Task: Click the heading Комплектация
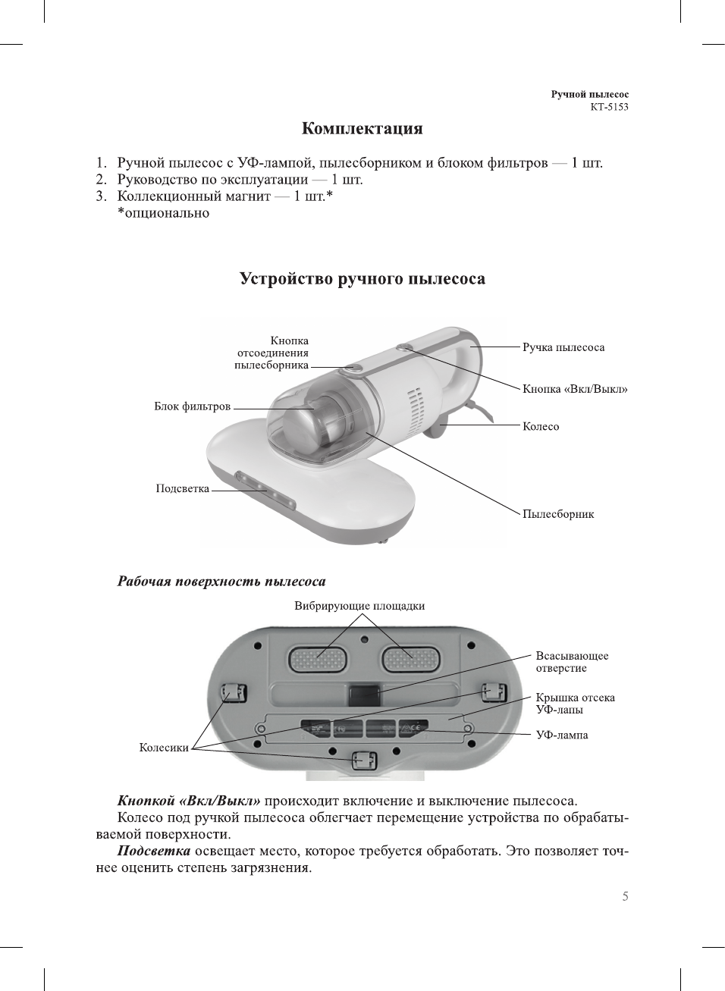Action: coord(362,128)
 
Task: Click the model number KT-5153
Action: coord(609,107)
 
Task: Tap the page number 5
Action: coord(625,896)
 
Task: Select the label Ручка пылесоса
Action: coord(563,347)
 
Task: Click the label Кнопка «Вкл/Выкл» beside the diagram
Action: coord(575,389)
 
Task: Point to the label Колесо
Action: coord(541,426)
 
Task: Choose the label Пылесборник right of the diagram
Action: coord(558,514)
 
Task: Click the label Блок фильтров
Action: coord(192,406)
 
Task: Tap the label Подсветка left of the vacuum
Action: coord(182,488)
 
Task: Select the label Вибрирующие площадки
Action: coord(359,606)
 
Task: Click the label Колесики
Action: coord(164,748)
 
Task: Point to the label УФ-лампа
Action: coord(562,735)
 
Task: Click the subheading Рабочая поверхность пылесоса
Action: coord(221,582)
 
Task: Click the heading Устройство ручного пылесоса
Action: coord(362,279)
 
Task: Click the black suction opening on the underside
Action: coord(364,695)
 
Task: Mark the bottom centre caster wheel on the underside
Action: coord(364,760)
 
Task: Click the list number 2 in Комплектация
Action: coord(101,180)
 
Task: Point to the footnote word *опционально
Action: coord(163,213)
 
